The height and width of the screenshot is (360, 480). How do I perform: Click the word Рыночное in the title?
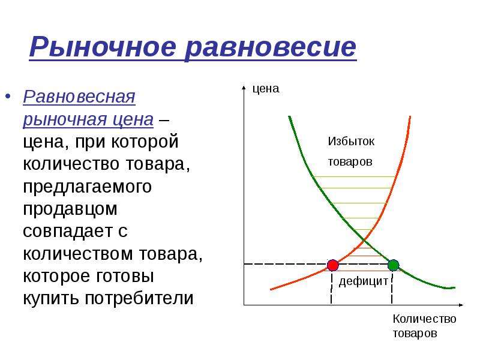pos(103,47)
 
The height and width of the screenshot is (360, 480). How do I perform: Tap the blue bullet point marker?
pos(8,97)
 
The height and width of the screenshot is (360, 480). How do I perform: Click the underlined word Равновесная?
pos(79,97)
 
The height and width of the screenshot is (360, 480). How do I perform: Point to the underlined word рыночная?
pos(65,119)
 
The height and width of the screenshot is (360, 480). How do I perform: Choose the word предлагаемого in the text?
pos(87,187)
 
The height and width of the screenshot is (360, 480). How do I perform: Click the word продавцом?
pos(70,209)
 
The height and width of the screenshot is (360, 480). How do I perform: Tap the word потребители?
pos(139,298)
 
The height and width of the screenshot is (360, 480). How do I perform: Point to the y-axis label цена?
pos(266,89)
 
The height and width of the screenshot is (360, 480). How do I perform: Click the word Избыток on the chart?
pos(351,141)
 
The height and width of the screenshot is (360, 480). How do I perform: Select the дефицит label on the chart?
pos(364,281)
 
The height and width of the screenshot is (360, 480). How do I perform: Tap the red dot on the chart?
pos(333,265)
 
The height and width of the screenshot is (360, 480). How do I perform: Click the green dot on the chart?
pos(394,265)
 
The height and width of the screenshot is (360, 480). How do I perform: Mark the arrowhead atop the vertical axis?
pos(244,88)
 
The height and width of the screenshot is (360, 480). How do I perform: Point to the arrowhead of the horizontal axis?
pos(461,305)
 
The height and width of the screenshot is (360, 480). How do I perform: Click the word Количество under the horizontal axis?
pos(425,319)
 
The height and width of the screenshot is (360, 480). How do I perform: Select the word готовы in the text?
pos(125,276)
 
